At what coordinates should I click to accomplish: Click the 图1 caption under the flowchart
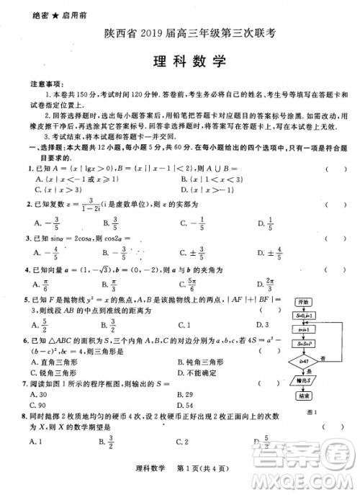tap(312, 412)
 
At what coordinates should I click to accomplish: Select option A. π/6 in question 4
tap(40, 284)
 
